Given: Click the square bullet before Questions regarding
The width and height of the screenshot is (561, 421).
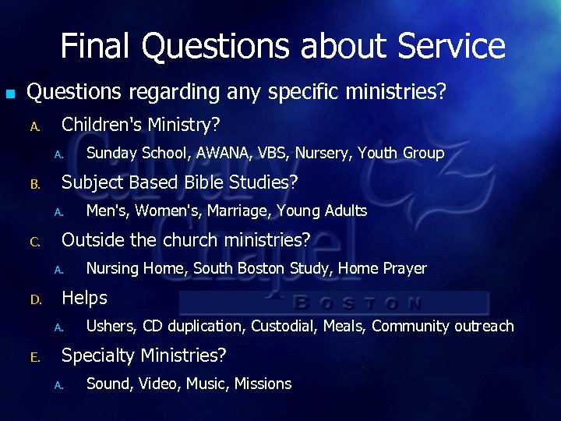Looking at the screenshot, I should tap(10, 94).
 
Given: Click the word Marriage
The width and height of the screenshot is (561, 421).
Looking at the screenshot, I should tap(239, 210).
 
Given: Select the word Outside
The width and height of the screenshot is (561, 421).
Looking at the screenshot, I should tap(93, 239).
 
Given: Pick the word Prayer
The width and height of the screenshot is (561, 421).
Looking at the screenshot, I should tap(405, 268).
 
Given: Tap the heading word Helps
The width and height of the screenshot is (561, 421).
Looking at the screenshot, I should tap(84, 297).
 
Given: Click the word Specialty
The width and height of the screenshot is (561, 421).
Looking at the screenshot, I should tap(100, 356).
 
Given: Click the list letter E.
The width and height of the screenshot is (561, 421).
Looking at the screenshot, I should tap(34, 357).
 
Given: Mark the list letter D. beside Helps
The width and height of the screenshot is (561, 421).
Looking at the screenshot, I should tap(35, 299).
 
